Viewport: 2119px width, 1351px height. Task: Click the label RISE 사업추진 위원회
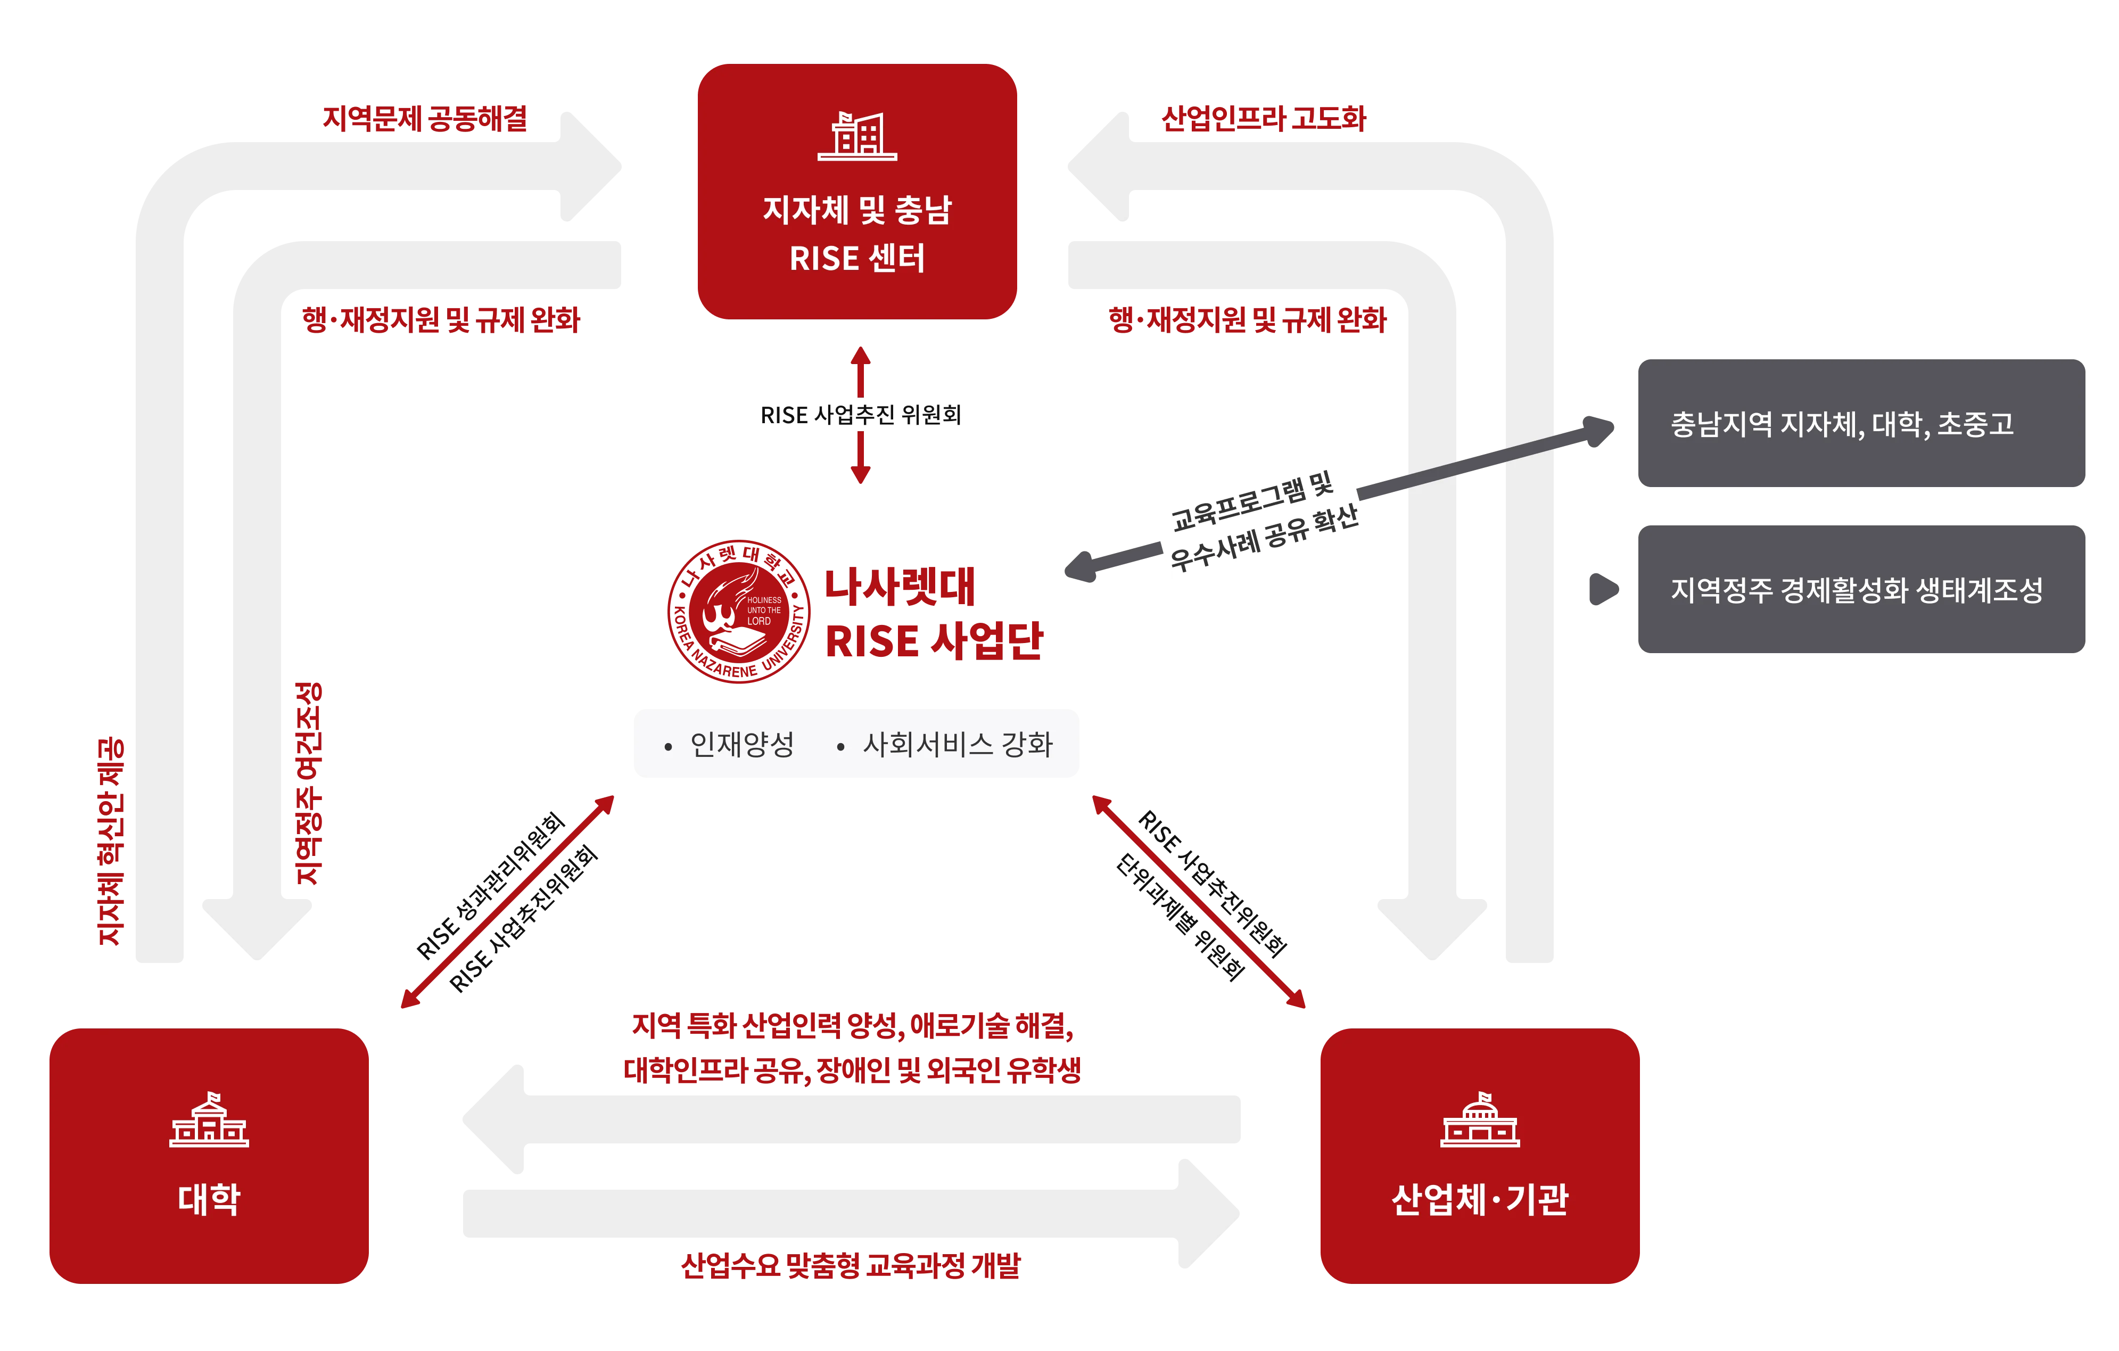pyautogui.click(x=861, y=415)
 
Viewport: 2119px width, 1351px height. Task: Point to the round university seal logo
pyautogui.click(x=737, y=611)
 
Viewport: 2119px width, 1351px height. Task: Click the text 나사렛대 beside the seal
pyautogui.click(x=900, y=587)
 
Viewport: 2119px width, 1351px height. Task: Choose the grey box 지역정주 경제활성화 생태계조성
pyautogui.click(x=1859, y=590)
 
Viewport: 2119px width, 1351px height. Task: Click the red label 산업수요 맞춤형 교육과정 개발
pyautogui.click(x=850, y=1266)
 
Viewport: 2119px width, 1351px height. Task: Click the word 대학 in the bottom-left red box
pyautogui.click(x=209, y=1199)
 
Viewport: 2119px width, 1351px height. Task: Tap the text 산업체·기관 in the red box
pyautogui.click(x=1480, y=1199)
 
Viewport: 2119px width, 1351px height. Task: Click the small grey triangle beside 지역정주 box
pyautogui.click(x=1603, y=590)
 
